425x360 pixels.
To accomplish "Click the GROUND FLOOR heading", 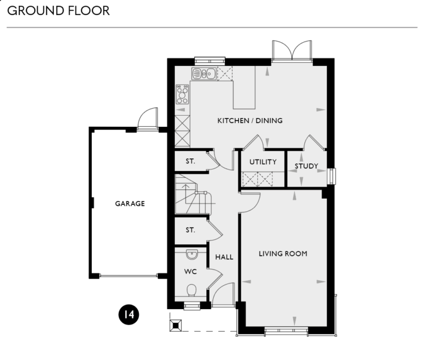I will [58, 11].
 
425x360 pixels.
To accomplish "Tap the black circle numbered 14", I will [128, 315].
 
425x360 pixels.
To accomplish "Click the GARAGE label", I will [130, 203].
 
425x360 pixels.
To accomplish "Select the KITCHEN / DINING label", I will [250, 121].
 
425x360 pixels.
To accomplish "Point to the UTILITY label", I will [262, 162].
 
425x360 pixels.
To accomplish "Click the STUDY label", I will [306, 166].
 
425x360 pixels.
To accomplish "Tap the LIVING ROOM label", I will [283, 254].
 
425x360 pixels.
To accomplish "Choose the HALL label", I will [224, 257].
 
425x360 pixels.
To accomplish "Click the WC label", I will [190, 272].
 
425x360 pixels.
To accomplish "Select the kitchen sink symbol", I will [204, 73].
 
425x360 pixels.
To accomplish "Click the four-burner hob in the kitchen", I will [182, 95].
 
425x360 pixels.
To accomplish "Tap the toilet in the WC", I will [191, 290].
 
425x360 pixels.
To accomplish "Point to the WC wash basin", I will [191, 254].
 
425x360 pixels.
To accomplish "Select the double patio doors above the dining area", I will [292, 50].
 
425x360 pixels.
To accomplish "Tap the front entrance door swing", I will [225, 294].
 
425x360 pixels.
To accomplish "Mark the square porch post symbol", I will [176, 325].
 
